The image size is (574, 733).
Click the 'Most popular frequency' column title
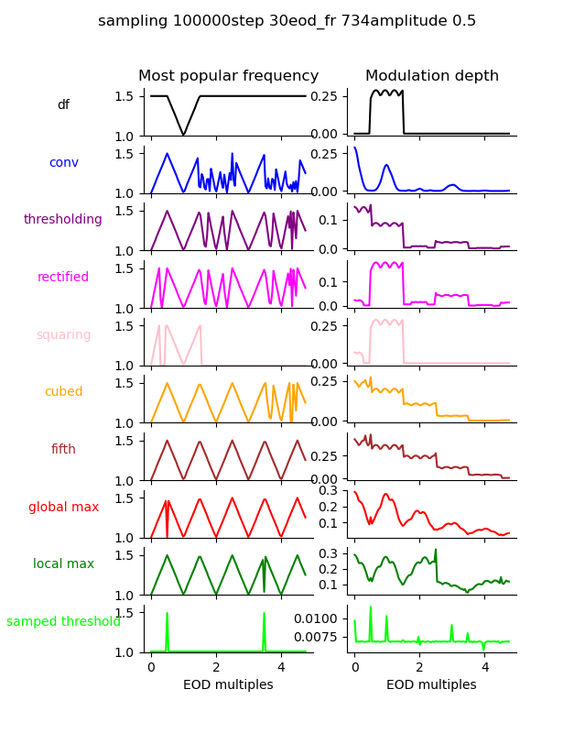(228, 76)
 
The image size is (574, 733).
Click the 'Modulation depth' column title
(431, 76)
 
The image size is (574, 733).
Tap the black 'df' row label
(63, 105)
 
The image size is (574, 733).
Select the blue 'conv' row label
(63, 162)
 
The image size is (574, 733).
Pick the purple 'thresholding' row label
(63, 220)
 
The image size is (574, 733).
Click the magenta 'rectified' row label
(63, 278)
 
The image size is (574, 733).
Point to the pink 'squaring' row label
(63, 334)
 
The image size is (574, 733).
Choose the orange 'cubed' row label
(63, 392)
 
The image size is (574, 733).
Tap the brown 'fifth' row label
(63, 450)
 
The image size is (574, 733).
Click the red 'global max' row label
(63, 507)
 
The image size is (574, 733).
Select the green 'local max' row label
(63, 564)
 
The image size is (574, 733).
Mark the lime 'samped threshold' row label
(63, 622)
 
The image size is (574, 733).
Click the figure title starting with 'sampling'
(287, 21)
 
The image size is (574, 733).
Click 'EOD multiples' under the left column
(228, 684)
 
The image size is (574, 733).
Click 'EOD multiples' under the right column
(431, 684)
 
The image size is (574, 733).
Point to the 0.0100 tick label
(317, 619)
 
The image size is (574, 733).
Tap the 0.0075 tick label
(317, 637)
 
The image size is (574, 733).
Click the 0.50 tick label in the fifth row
(326, 454)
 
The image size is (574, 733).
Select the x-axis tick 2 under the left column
(216, 668)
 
